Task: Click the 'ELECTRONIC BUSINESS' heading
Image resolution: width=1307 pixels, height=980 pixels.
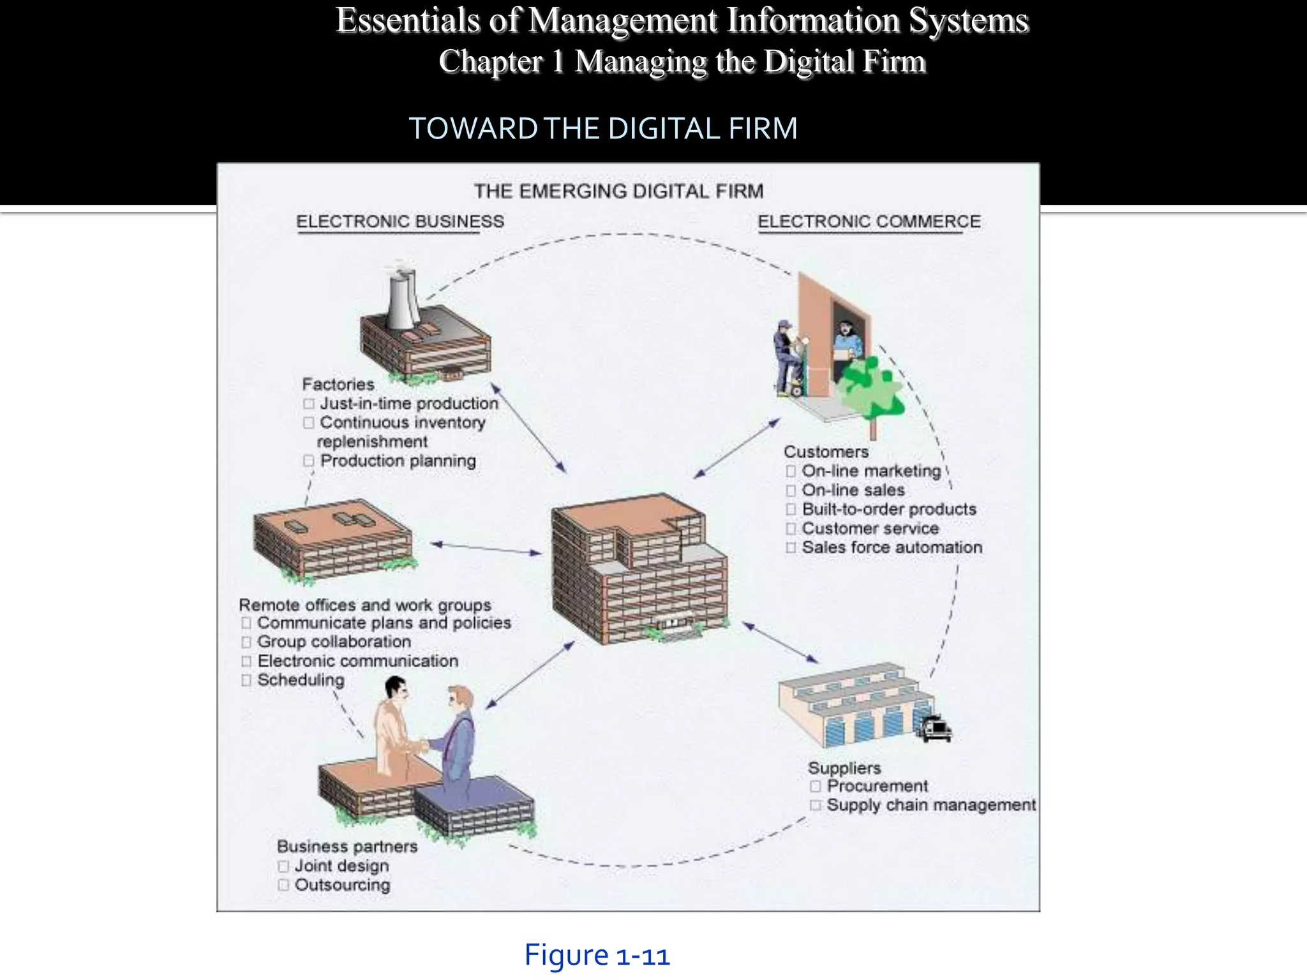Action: [400, 221]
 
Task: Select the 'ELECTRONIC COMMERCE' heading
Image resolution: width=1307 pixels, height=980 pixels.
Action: [869, 221]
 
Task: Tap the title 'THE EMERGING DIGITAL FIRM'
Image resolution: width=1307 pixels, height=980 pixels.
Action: [618, 191]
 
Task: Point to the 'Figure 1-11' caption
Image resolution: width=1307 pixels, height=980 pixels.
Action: [597, 956]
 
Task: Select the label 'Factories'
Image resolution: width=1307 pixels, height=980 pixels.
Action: [338, 384]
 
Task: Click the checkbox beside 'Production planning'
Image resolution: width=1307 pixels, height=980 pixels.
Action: [309, 461]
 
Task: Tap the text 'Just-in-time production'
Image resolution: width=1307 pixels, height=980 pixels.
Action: [408, 403]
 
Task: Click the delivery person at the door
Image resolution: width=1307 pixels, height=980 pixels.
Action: [788, 358]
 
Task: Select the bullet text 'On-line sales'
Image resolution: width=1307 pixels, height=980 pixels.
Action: [853, 490]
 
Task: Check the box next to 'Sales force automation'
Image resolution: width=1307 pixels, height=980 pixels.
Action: [791, 547]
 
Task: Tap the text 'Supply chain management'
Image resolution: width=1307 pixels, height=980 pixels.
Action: [931, 805]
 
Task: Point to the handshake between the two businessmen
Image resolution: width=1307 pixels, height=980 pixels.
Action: [418, 746]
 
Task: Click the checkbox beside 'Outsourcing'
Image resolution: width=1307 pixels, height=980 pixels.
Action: [284, 885]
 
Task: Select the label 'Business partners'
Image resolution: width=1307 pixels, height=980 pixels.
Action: [347, 847]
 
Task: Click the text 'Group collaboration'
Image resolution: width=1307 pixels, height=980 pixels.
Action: [334, 642]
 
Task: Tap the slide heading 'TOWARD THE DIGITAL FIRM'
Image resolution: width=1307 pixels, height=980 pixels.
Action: [603, 128]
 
